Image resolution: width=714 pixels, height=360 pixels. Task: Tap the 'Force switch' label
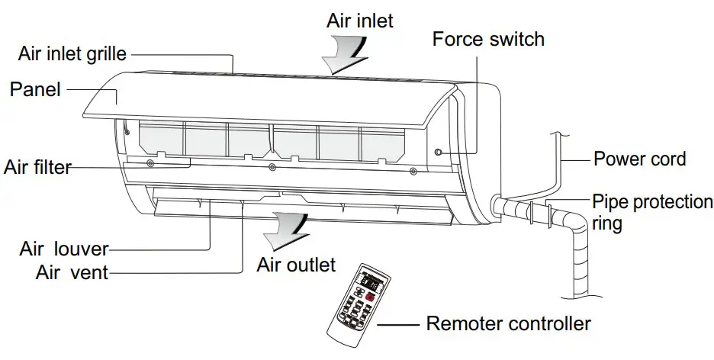click(x=488, y=38)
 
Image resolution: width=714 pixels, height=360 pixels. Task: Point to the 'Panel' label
click(x=35, y=89)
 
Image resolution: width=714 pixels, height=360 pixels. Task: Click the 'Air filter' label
click(x=37, y=166)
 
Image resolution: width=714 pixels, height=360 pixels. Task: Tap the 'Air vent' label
click(x=72, y=271)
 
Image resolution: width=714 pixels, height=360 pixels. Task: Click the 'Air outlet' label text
click(x=296, y=265)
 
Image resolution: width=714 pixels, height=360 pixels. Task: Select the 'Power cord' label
click(x=639, y=159)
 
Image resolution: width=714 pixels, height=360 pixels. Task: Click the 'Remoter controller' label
click(x=508, y=323)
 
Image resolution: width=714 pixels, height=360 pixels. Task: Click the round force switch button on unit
click(x=438, y=153)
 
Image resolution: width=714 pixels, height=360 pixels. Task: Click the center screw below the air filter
click(x=272, y=166)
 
